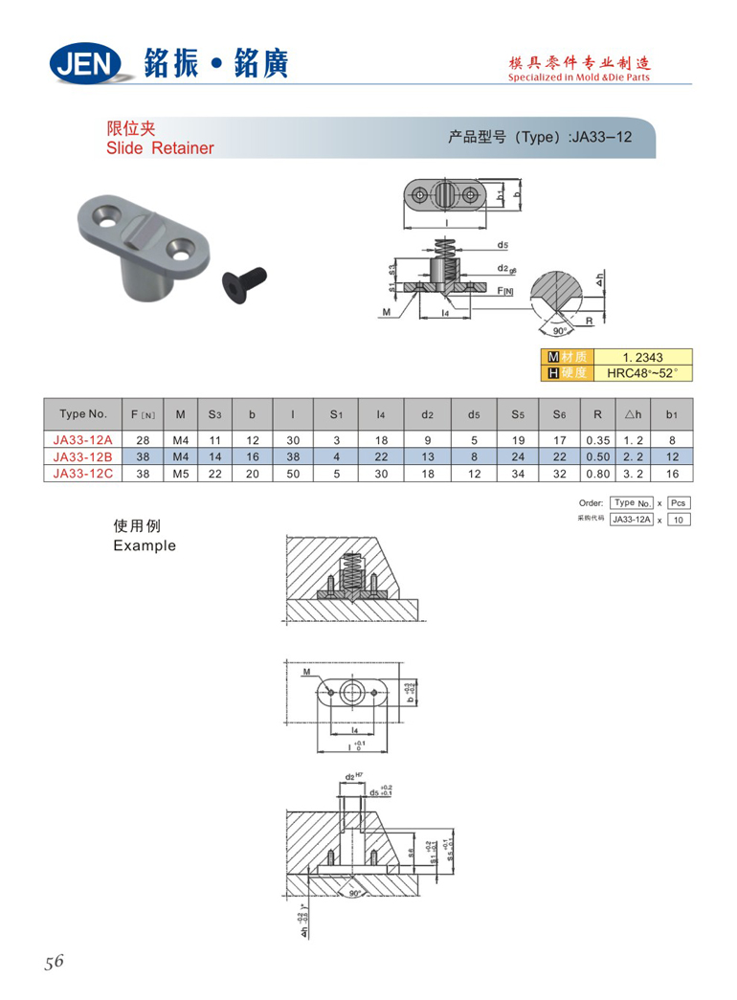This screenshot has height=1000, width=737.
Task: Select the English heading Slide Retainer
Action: click(x=160, y=148)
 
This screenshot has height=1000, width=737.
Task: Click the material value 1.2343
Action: click(x=641, y=357)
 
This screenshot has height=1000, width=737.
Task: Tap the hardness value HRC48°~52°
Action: click(x=641, y=372)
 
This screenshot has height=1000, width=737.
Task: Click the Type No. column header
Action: click(x=83, y=414)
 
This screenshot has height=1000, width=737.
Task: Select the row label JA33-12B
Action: click(x=83, y=456)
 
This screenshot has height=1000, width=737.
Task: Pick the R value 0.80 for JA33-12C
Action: click(x=598, y=473)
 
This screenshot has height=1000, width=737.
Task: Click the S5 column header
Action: click(x=518, y=414)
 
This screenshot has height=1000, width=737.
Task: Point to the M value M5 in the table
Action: click(x=179, y=473)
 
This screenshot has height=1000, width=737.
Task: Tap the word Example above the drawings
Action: click(x=145, y=545)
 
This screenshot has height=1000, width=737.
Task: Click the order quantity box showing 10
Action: click(x=678, y=520)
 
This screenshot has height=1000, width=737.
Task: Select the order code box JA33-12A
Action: click(x=632, y=520)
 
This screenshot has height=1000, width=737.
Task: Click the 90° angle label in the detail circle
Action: click(x=560, y=331)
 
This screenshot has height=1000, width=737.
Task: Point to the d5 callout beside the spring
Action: click(x=502, y=245)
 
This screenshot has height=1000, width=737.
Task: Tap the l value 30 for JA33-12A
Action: click(x=292, y=441)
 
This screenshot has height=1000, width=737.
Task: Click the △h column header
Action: click(x=631, y=414)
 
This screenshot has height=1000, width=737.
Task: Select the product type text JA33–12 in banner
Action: click(x=600, y=137)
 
